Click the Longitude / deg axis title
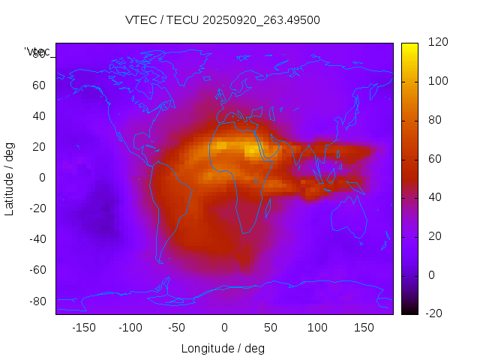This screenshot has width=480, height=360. (223, 348)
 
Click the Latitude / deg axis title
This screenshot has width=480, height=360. (10, 178)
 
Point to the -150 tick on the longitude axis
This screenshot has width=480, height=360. (83, 328)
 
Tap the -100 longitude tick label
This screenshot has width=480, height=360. (130, 328)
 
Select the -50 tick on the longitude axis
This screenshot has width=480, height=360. (177, 328)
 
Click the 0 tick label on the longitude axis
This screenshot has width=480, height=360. (223, 328)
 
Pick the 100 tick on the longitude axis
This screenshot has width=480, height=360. (317, 328)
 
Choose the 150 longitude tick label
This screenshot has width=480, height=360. (364, 328)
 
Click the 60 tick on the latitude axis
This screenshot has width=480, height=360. (39, 85)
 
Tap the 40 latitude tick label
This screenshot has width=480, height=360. (39, 115)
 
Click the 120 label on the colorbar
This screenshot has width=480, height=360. (438, 43)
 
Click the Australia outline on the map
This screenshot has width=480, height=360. (349, 218)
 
